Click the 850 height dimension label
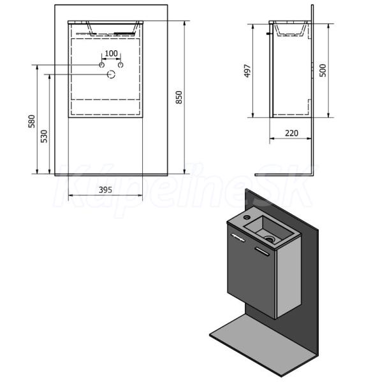point(179,97)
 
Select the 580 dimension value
point(32,122)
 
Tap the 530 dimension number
point(44,136)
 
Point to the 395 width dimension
point(105,190)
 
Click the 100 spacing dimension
point(111,53)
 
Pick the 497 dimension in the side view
point(247,71)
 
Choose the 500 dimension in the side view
point(323,71)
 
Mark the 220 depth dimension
point(292,133)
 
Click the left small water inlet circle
point(102,65)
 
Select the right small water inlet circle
point(120,65)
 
